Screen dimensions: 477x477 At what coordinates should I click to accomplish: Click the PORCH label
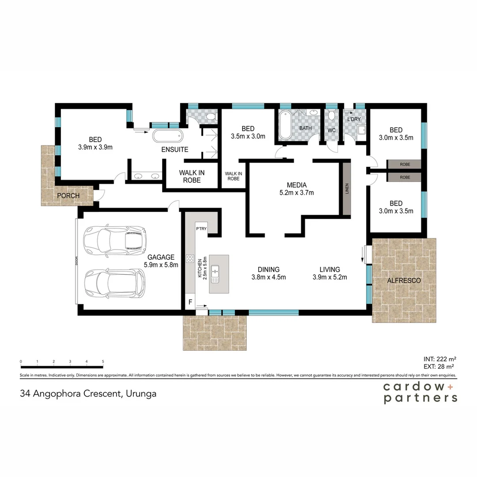[68, 196]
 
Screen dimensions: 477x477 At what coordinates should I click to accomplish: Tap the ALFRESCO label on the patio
[404, 280]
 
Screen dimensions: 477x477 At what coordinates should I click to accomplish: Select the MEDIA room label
[297, 185]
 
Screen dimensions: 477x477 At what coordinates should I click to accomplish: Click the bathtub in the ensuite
[168, 136]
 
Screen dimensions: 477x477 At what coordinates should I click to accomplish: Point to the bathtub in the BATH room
[285, 125]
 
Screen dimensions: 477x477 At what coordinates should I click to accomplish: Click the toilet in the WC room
[332, 116]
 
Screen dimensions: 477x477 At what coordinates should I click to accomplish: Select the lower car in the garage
[115, 284]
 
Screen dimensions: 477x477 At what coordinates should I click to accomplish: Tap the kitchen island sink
[215, 274]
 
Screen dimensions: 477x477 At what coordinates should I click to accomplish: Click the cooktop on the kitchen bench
[190, 259]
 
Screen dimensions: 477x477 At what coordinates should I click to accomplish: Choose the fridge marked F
[190, 302]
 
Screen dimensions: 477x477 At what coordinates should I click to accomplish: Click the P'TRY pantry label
[201, 228]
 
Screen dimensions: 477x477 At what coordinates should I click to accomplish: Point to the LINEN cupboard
[347, 189]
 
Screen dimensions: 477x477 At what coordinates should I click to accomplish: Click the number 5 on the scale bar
[103, 361]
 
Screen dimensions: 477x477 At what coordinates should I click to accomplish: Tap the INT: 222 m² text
[439, 359]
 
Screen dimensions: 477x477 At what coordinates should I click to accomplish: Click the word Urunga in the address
[141, 394]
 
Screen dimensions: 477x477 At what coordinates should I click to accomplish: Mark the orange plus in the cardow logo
[450, 387]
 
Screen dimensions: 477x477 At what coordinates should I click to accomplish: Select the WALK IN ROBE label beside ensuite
[192, 176]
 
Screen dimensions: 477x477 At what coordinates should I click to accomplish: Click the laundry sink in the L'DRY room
[362, 130]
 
